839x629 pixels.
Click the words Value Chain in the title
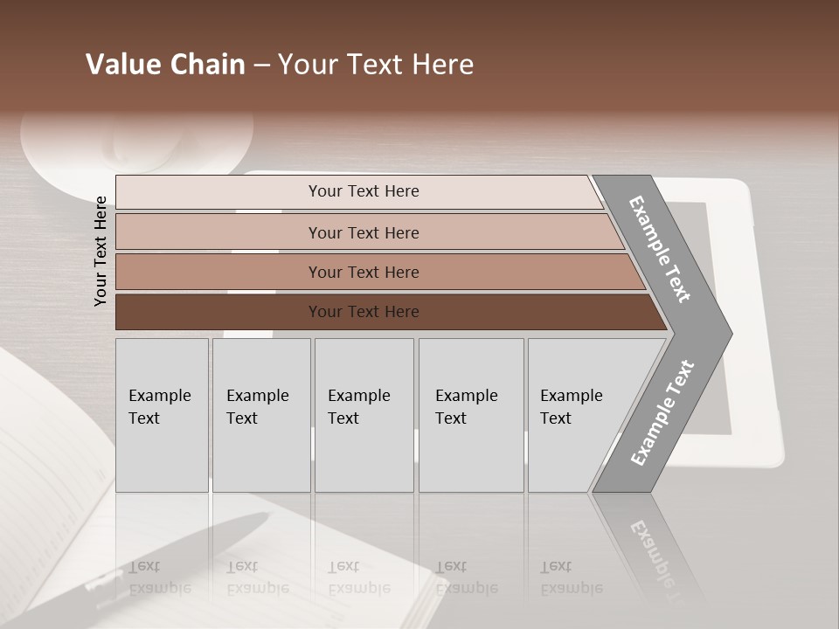(165, 65)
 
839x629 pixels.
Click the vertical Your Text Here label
(101, 251)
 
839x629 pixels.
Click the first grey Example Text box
(162, 415)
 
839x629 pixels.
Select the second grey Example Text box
(261, 415)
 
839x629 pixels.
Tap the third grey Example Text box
(364, 415)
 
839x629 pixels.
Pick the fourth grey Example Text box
(471, 415)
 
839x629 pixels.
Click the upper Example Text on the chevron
(661, 249)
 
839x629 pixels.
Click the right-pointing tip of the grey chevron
(727, 333)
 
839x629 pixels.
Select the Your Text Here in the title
(376, 65)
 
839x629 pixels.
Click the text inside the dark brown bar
(364, 312)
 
